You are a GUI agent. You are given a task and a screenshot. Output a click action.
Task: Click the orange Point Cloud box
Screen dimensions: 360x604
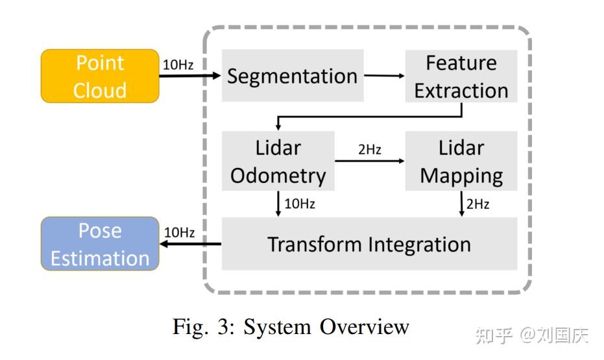99,76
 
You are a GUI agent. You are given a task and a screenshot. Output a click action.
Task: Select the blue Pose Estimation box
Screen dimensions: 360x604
99,244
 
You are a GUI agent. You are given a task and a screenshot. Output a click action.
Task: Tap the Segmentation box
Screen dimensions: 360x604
292,76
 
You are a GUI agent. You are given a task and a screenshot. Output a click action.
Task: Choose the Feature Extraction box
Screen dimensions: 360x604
461,76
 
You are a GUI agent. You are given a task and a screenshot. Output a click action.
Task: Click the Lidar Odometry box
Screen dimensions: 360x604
278,161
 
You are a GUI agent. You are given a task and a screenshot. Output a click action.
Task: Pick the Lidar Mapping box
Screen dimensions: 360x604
461,161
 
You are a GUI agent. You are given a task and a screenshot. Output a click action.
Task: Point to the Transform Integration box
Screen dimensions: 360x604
369,244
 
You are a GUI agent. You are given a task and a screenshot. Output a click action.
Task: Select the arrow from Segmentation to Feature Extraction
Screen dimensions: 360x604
383,76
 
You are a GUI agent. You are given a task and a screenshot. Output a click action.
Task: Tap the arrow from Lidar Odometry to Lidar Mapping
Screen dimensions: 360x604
369,161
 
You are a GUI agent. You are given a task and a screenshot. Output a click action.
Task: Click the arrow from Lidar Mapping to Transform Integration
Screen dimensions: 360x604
461,204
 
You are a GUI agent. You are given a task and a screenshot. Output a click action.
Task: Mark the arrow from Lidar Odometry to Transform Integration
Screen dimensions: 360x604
278,204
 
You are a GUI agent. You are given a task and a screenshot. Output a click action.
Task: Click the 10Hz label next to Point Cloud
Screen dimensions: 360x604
177,65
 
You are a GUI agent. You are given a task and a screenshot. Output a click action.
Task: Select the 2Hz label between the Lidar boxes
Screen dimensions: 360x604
369,150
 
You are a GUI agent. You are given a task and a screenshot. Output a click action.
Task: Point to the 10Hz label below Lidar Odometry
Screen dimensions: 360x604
299,204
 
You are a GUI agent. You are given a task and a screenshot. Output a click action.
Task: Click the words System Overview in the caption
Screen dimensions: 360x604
326,327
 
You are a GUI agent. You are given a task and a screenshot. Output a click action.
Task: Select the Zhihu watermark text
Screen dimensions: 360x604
531,335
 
